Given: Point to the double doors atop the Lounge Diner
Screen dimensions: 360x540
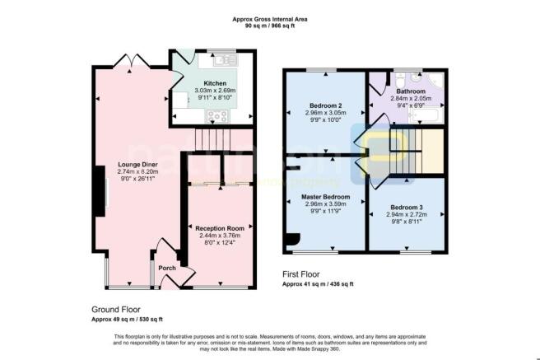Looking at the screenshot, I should [133, 62].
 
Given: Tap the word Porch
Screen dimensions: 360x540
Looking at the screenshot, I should [168, 267].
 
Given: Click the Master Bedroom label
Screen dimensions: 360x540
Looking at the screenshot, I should [326, 197].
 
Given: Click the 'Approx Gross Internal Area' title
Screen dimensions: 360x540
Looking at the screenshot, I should [269, 17].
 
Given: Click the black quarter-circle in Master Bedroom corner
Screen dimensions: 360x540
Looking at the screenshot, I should [291, 240].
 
